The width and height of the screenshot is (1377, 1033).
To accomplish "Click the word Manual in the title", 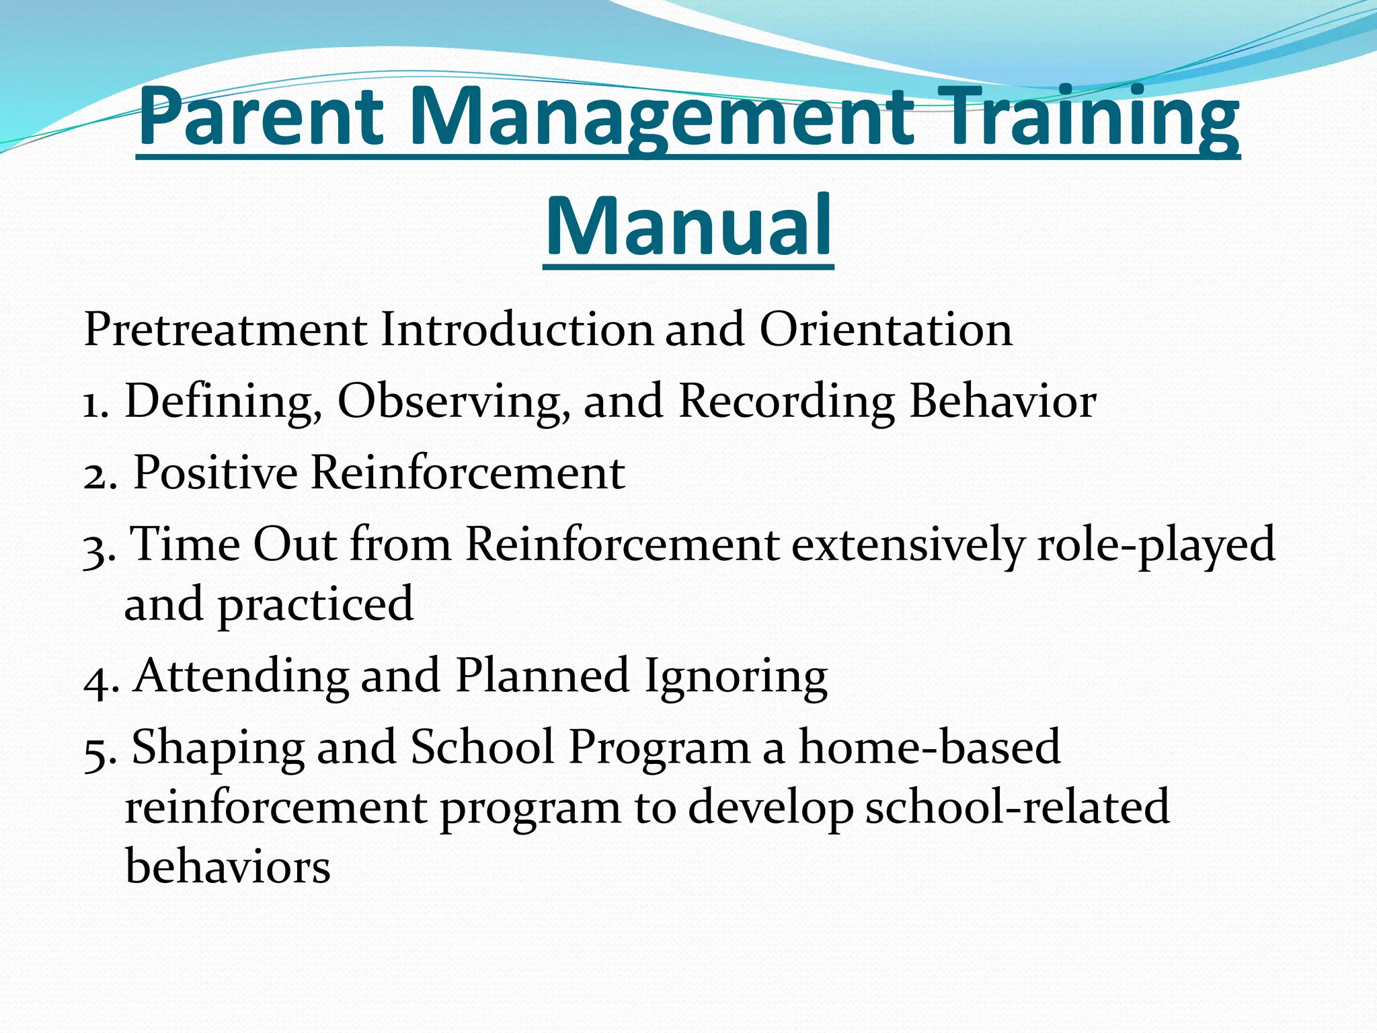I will click(x=688, y=225).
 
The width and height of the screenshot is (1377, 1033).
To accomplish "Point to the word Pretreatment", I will click(x=225, y=330).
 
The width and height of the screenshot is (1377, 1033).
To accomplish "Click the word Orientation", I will click(x=886, y=330).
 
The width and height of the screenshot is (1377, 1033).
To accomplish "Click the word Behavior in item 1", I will click(x=1002, y=401).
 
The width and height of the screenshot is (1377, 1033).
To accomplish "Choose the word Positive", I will click(x=215, y=472).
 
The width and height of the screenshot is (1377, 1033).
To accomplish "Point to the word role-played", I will click(x=1156, y=545).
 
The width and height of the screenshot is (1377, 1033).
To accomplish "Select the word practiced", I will click(x=315, y=605).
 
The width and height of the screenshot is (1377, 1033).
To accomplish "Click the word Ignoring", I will click(x=736, y=676).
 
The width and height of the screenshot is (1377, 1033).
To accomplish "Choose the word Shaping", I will click(x=217, y=748).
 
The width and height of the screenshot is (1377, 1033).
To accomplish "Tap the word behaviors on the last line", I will click(x=228, y=866).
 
